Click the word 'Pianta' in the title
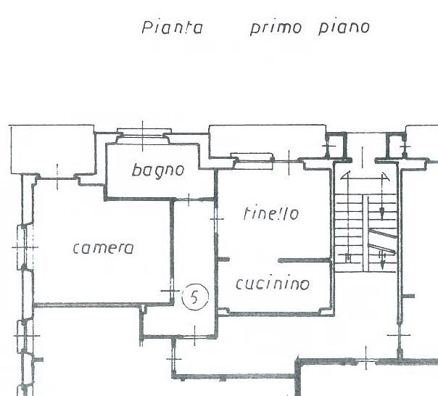[x=170, y=29]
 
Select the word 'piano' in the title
[x=344, y=29]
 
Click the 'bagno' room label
[x=158, y=171]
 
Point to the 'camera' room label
[x=104, y=248]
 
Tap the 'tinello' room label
[x=271, y=214]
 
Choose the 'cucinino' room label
[x=273, y=284]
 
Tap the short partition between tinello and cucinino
[x=304, y=260]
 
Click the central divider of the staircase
[x=362, y=218]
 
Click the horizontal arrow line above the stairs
[x=365, y=176]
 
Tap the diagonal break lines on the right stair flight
[x=382, y=243]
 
